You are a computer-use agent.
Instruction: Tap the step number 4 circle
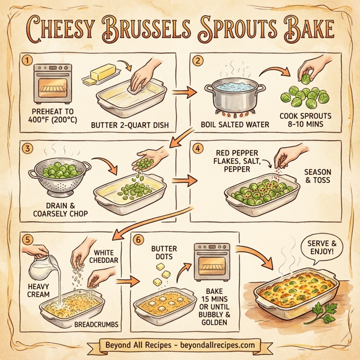pyautogui.click(x=198, y=148)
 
